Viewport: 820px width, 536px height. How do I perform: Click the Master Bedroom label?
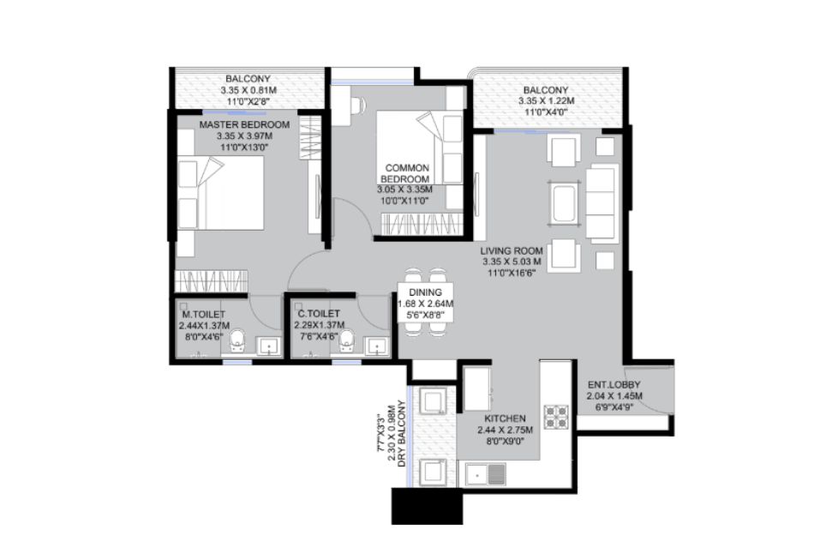(244, 125)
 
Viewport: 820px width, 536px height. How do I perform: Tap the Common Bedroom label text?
(406, 173)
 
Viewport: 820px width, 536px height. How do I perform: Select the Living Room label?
(512, 250)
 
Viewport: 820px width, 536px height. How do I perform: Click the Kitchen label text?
(505, 419)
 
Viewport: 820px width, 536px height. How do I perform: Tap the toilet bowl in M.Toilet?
(238, 340)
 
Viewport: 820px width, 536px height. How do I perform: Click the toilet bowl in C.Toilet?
(347, 340)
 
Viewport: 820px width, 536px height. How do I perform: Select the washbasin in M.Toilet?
(269, 346)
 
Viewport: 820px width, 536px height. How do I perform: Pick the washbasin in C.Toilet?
(377, 346)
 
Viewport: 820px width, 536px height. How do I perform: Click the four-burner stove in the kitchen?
(555, 417)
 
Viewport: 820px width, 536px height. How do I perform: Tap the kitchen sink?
(485, 475)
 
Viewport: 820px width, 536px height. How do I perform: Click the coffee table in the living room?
(564, 203)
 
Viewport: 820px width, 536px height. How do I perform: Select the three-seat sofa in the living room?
(602, 202)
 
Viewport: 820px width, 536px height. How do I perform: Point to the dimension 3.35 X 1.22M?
(546, 101)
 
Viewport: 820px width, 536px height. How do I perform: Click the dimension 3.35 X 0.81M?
(248, 90)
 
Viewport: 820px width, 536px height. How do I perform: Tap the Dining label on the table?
(425, 292)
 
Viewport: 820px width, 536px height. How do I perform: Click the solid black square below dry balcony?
(428, 506)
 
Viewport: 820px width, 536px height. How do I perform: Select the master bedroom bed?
(219, 193)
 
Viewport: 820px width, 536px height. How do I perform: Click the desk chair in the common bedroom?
(358, 105)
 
